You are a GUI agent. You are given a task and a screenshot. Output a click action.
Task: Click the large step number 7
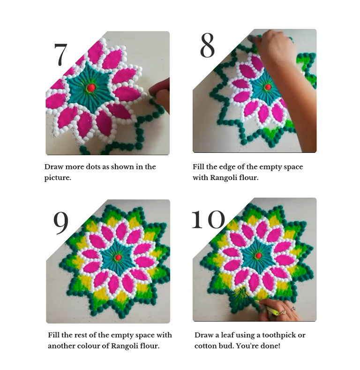coord(60,54)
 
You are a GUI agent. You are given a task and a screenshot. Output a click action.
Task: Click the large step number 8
coord(207,45)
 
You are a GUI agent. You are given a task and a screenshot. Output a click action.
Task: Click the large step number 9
coord(61,223)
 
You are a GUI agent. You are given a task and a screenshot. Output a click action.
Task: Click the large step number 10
coord(208,219)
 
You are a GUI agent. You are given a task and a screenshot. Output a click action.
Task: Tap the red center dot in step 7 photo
coord(91,88)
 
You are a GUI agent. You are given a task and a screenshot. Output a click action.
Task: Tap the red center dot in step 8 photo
coord(268,87)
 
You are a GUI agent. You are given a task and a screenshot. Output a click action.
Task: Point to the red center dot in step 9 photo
coord(119,257)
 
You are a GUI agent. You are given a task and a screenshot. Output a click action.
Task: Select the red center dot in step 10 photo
coord(259,255)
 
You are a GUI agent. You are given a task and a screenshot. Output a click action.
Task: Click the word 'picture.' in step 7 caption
coord(58,178)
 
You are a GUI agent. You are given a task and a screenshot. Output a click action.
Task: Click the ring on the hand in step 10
coord(293,308)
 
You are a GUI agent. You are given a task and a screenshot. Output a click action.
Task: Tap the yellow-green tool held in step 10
coord(269,308)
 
